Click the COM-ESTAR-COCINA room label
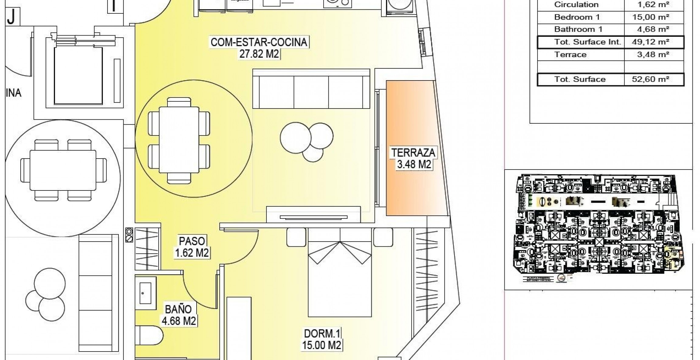click(259, 42)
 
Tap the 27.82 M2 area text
click(259, 54)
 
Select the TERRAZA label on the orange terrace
click(413, 153)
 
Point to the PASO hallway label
click(192, 241)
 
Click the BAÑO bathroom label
click(178, 309)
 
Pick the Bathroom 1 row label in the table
click(577, 29)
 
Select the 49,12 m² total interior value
click(650, 42)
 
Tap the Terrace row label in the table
click(570, 55)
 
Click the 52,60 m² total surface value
click(650, 79)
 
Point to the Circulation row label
click(576, 5)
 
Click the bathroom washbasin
click(146, 293)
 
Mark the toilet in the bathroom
click(149, 336)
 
